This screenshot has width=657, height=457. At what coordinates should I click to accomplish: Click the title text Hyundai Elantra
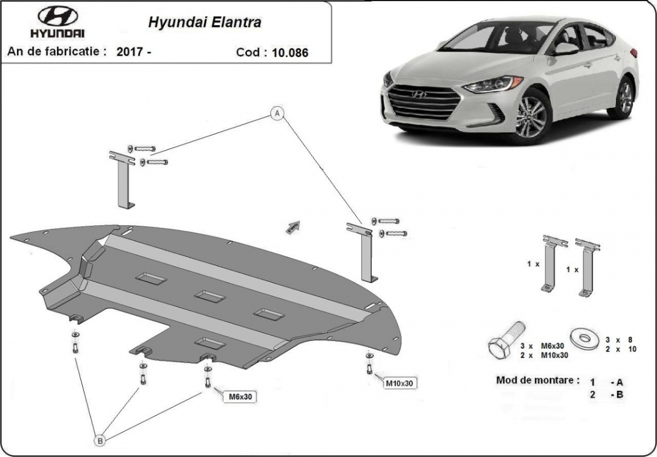pos(205,23)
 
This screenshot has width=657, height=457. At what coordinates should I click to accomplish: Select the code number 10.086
pos(290,52)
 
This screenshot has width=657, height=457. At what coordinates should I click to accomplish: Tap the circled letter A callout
pos(277,114)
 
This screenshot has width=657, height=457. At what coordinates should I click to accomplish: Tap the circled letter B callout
pos(100,440)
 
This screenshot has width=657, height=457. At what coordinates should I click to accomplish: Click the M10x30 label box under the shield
pos(399,383)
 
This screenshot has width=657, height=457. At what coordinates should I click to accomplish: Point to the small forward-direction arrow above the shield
pos(293,227)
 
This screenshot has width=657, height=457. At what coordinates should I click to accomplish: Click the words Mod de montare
pos(537,380)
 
